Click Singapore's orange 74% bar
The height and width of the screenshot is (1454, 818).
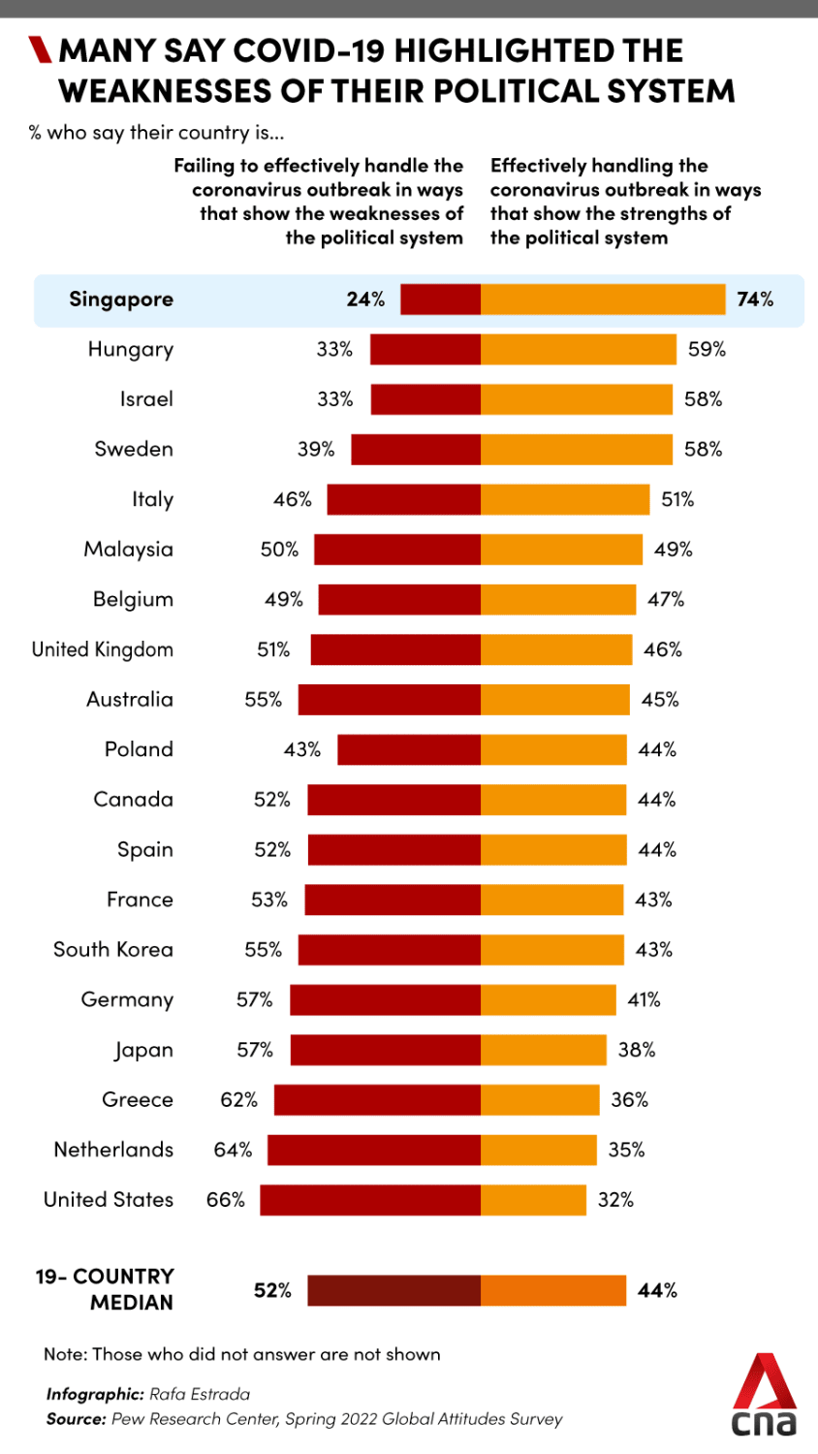[602, 300]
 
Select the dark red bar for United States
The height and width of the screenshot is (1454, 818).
[370, 1200]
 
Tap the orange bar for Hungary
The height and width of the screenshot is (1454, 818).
[578, 350]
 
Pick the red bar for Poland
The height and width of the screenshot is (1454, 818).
[409, 749]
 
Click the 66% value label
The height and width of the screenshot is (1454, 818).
[226, 1200]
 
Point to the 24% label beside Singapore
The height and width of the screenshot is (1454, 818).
[365, 300]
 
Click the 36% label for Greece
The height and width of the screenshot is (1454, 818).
[630, 1100]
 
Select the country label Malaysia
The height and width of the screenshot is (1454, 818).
[129, 550]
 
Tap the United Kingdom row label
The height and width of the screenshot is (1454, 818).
[103, 649]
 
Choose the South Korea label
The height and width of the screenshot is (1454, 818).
[113, 950]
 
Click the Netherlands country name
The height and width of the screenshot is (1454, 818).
[113, 1150]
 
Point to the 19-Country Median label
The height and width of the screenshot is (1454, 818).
[105, 1289]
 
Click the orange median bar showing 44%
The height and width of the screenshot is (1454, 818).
[553, 1290]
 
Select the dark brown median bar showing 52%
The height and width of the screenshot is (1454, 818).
[393, 1290]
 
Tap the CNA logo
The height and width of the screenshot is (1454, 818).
[764, 1396]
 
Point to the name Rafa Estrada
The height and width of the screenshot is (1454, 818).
[200, 1394]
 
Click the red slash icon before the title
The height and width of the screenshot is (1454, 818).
[40, 49]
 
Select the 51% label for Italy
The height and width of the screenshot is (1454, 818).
[677, 500]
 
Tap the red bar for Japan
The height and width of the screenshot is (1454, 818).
[385, 1050]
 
